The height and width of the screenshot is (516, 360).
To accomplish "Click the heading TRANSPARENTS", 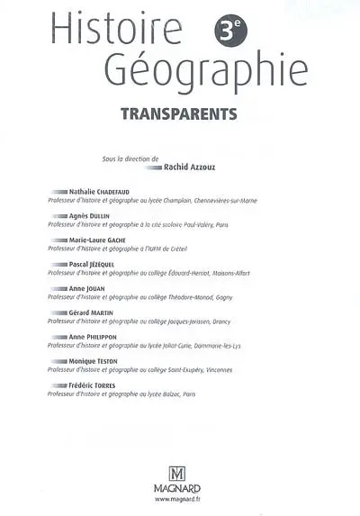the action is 179,114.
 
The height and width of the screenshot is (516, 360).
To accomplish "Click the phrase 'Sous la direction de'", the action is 132,158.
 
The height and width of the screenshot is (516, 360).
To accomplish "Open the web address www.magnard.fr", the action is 180,501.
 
